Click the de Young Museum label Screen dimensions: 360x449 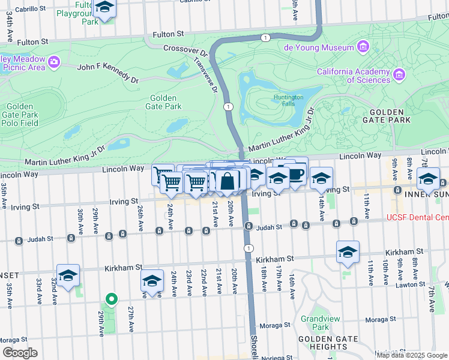click(318, 47)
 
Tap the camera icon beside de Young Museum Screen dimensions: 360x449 click(363, 47)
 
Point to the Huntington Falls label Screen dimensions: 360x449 click(289, 100)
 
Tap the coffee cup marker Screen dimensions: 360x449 click(296, 173)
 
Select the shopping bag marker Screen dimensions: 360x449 click(228, 181)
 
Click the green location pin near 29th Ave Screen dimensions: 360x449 click(110, 298)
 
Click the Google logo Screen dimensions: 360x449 click(20, 353)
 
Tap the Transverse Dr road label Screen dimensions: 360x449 click(205, 75)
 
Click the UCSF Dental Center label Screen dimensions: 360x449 click(418, 218)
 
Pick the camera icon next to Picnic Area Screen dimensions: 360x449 click(54, 62)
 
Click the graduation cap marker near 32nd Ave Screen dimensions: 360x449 click(68, 275)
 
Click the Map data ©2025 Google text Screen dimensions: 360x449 click(412, 355)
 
